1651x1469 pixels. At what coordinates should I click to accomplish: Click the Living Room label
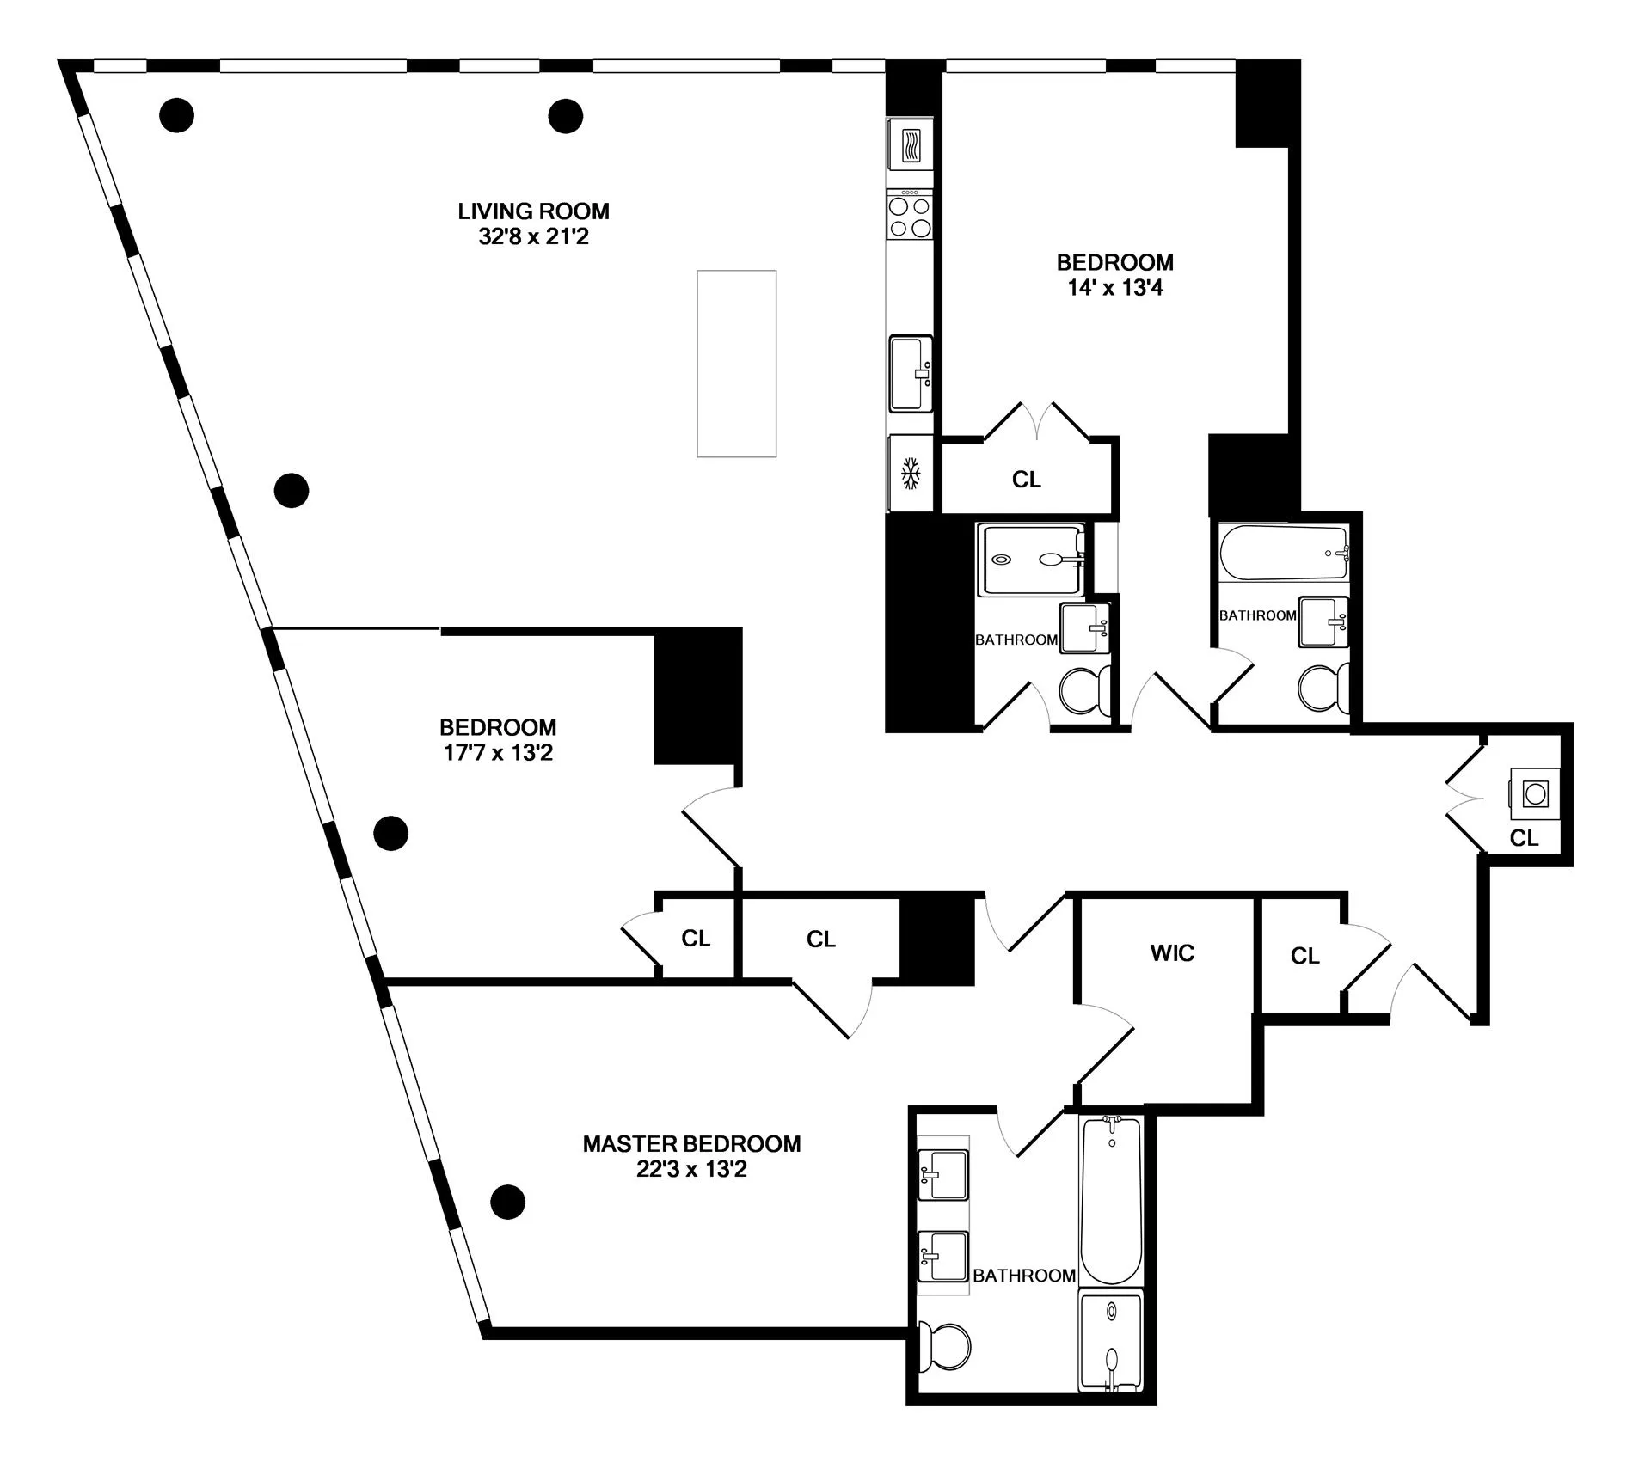tap(533, 211)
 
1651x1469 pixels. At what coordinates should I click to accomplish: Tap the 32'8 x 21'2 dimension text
tap(533, 236)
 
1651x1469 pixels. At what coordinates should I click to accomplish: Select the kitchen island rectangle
tap(736, 364)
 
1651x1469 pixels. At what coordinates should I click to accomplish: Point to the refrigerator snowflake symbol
tap(911, 474)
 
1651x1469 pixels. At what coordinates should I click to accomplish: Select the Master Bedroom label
tap(691, 1143)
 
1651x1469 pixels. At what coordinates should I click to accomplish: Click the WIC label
tap(1172, 952)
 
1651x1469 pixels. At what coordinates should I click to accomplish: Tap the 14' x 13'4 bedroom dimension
tap(1114, 288)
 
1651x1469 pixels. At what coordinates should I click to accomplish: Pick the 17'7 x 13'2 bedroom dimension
tap(497, 753)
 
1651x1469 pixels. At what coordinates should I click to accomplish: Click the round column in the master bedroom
tap(507, 1202)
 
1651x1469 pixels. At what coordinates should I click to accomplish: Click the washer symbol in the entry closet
tap(1536, 793)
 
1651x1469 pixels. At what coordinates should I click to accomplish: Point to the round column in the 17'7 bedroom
tap(390, 833)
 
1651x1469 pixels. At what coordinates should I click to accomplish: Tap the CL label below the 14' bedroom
tap(1026, 480)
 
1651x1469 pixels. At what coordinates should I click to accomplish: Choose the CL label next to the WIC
tap(1304, 956)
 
